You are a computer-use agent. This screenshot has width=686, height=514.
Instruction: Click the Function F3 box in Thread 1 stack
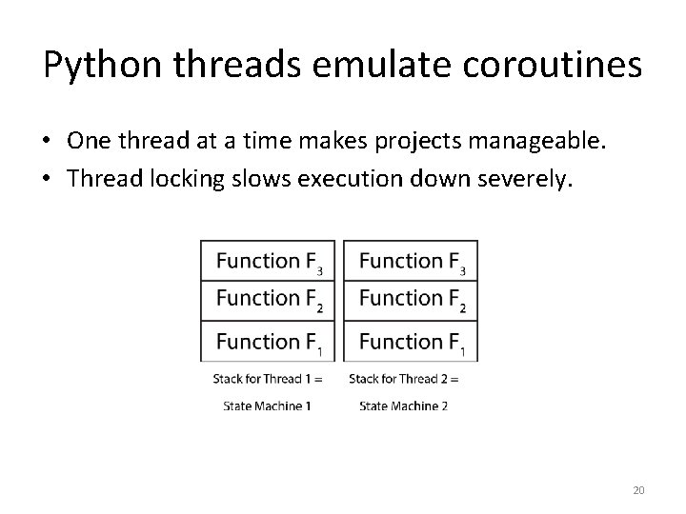tap(268, 261)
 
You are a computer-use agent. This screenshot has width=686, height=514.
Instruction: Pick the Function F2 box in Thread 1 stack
tap(268, 300)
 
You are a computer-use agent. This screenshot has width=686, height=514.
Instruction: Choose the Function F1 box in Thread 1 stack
tap(268, 341)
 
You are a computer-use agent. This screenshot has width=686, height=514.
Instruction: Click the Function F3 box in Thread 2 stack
tap(411, 261)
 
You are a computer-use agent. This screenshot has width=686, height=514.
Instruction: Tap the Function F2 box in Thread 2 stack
tap(411, 300)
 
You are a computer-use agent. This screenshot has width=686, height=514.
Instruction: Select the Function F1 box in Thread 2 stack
tap(411, 341)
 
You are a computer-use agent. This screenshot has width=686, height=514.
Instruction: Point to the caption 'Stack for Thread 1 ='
tap(268, 379)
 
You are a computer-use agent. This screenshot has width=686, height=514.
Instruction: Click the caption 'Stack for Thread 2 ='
tap(404, 379)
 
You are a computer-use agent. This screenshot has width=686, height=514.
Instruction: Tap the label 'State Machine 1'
tap(267, 405)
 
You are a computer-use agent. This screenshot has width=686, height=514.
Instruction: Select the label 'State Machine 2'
tap(403, 405)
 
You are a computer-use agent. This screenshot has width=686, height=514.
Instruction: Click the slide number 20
tap(638, 490)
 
